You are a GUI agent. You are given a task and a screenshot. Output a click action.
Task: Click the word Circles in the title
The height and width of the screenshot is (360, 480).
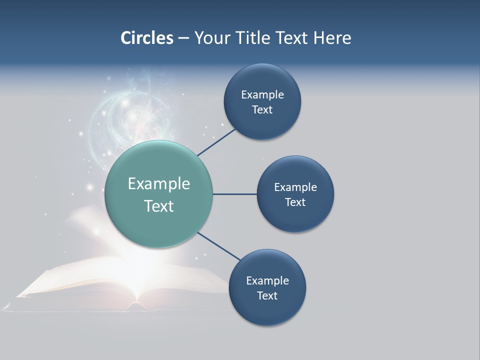[x=146, y=38]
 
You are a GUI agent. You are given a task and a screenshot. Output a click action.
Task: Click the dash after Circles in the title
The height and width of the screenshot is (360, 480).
[x=183, y=38]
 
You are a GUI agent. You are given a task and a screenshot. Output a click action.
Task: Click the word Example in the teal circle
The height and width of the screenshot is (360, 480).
[x=159, y=184]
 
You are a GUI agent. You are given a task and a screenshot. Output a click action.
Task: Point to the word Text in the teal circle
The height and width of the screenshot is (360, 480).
[x=159, y=206]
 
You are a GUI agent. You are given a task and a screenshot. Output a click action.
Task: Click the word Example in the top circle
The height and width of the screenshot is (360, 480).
[x=262, y=95]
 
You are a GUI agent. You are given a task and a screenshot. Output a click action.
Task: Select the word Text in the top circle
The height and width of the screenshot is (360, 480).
[x=262, y=110]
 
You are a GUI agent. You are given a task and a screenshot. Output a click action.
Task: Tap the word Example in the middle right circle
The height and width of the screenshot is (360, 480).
[x=295, y=187]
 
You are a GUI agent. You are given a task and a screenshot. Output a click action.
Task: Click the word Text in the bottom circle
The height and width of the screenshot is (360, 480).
[x=267, y=296]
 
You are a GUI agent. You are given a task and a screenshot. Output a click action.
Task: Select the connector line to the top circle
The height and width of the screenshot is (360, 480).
[x=216, y=142]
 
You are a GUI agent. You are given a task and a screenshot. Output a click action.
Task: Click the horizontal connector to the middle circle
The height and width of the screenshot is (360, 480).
[x=234, y=194]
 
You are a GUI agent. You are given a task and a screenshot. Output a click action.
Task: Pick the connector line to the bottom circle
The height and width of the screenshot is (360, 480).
[x=219, y=246]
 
